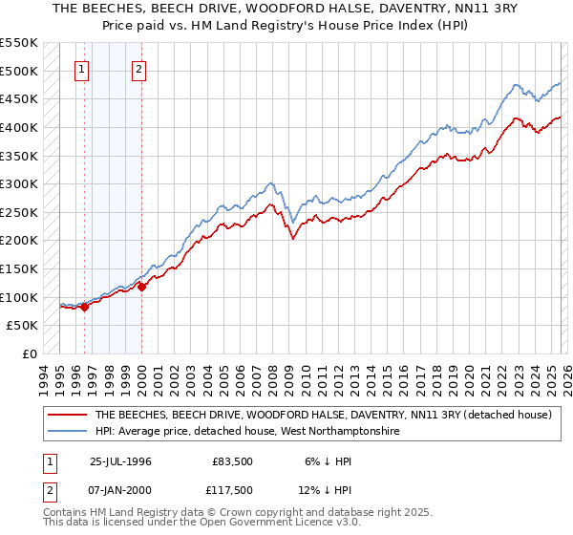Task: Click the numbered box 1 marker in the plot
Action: click(82, 69)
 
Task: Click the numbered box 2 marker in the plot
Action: click(139, 69)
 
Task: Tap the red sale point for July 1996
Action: click(84, 307)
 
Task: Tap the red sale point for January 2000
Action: click(141, 286)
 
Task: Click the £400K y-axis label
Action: click(19, 127)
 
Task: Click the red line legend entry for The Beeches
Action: click(323, 416)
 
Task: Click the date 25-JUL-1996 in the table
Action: click(120, 461)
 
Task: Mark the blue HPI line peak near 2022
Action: click(515, 85)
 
